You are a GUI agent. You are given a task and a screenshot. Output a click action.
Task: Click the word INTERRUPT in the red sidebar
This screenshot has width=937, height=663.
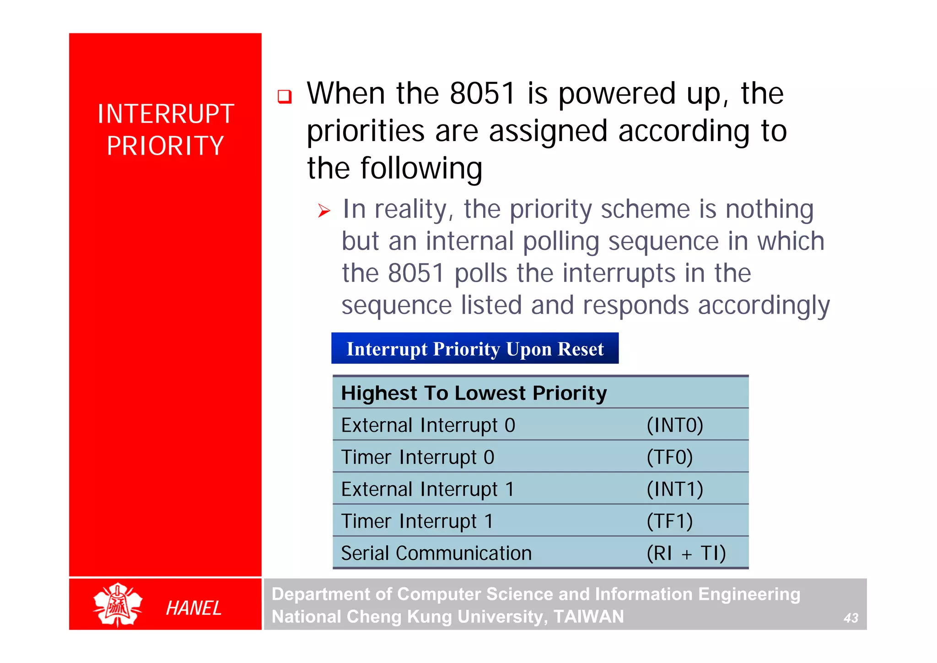click(x=166, y=114)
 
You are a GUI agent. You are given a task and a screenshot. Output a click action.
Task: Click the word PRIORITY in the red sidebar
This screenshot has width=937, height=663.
click(x=166, y=146)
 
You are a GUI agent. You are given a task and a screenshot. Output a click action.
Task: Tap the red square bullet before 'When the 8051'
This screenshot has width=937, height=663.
click(x=285, y=97)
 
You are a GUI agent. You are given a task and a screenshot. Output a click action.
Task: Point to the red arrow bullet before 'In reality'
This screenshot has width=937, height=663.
click(x=324, y=211)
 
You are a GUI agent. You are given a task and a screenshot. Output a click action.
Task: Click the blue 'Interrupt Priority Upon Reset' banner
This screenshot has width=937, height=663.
click(x=474, y=349)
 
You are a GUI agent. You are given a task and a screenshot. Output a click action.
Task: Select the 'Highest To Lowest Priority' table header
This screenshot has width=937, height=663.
click(x=474, y=393)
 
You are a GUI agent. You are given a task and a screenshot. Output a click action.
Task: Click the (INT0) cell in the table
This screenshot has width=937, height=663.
click(x=675, y=425)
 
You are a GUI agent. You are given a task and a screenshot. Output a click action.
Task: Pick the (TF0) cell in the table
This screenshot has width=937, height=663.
click(x=669, y=457)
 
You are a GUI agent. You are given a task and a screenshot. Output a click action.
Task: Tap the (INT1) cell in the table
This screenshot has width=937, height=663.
click(x=675, y=489)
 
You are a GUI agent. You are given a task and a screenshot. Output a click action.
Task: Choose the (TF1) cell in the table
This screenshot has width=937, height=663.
click(x=669, y=522)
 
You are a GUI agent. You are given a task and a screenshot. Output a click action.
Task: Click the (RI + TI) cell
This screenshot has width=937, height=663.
click(x=686, y=554)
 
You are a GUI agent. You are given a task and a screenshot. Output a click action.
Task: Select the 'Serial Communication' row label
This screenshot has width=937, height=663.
click(x=436, y=554)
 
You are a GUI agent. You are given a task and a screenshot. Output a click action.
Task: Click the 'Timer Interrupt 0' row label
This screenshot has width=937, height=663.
click(x=418, y=457)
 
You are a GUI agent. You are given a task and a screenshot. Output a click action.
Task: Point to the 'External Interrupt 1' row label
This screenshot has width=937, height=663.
click(x=428, y=489)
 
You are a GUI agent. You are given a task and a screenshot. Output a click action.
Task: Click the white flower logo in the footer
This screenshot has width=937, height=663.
click(x=118, y=604)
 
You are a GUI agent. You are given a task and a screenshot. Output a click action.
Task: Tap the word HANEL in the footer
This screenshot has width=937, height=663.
click(x=194, y=608)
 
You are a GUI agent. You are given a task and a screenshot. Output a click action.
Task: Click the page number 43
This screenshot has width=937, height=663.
click(x=851, y=618)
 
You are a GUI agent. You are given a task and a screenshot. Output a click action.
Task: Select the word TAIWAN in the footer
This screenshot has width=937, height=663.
click(x=589, y=617)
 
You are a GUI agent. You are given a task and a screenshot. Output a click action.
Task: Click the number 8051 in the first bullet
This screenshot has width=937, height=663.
click(x=483, y=94)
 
